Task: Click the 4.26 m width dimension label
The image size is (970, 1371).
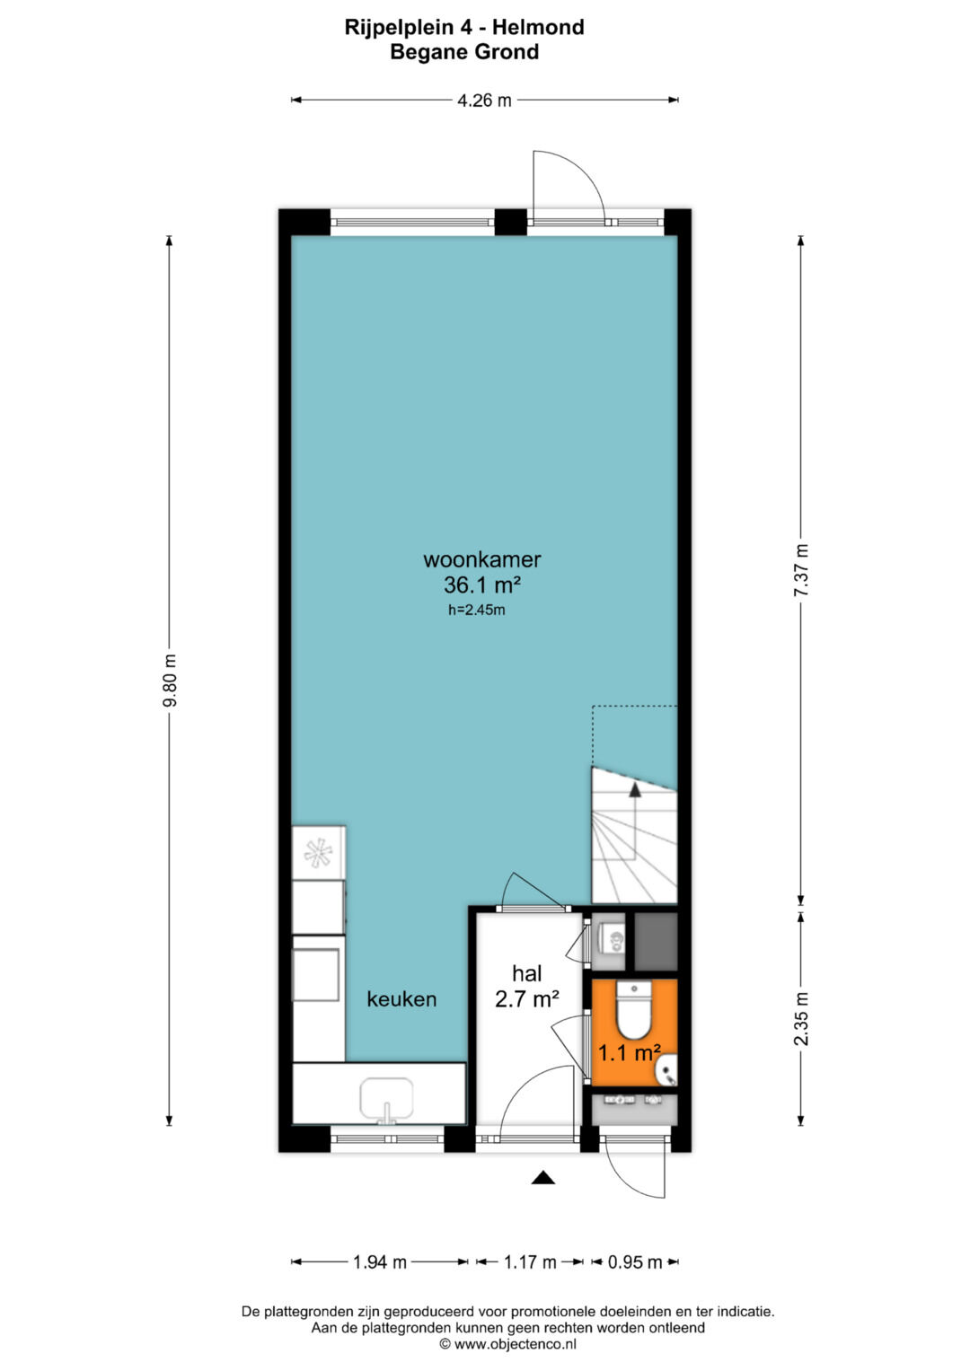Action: pyautogui.click(x=484, y=100)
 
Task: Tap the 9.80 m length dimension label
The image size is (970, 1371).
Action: pyautogui.click(x=170, y=680)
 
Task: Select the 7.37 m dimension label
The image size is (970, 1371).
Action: pyautogui.click(x=801, y=569)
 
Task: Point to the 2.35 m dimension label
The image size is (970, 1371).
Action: pyautogui.click(x=801, y=1019)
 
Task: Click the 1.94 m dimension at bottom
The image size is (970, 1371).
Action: pyautogui.click(x=380, y=1261)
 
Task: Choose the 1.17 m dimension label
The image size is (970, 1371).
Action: pyautogui.click(x=530, y=1261)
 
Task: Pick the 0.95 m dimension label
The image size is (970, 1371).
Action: pyautogui.click(x=635, y=1261)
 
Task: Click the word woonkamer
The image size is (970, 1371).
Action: pyautogui.click(x=482, y=558)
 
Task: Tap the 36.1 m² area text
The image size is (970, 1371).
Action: pyautogui.click(x=482, y=585)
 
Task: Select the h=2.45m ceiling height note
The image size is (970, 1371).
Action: pyautogui.click(x=476, y=610)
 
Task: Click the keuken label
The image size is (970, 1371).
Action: pyautogui.click(x=401, y=999)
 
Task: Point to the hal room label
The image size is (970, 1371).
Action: pyautogui.click(x=527, y=972)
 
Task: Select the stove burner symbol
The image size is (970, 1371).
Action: pyautogui.click(x=319, y=853)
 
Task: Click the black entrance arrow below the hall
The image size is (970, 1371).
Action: pyautogui.click(x=542, y=1178)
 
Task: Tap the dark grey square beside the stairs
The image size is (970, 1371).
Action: pyautogui.click(x=656, y=941)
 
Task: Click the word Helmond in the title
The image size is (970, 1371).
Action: pyautogui.click(x=538, y=27)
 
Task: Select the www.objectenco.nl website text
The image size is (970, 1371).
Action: pyautogui.click(x=515, y=1344)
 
